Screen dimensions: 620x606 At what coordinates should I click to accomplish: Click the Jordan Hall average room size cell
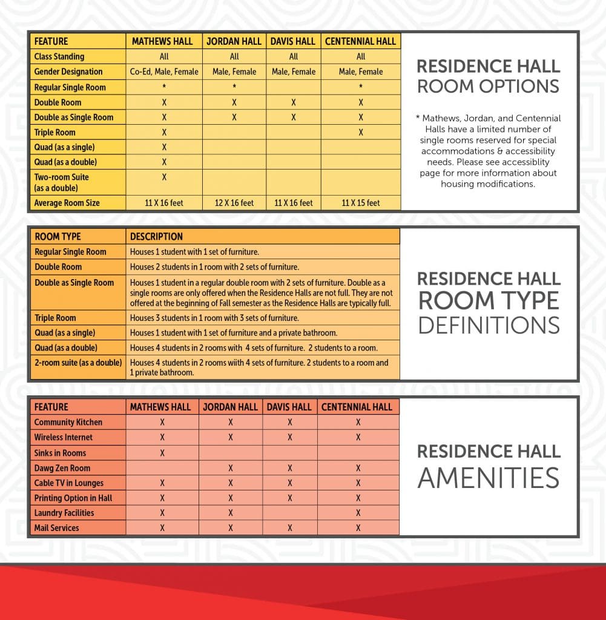[x=234, y=203]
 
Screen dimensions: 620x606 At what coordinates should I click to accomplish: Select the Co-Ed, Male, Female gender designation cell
[x=164, y=71]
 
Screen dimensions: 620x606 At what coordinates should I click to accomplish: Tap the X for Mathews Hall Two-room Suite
[x=164, y=177]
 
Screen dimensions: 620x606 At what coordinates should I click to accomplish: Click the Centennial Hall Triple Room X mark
[x=361, y=132]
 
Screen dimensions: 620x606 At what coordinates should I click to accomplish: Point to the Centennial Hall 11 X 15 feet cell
[x=361, y=203]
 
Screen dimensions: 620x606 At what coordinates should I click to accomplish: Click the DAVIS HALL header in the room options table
[x=294, y=41]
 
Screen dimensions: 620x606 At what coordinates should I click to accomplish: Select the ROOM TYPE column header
[x=58, y=236]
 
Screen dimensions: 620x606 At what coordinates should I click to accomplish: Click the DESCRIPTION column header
[x=156, y=236]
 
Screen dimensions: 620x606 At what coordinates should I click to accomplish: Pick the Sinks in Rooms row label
[x=60, y=453]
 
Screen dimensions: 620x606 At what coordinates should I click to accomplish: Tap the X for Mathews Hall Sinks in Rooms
[x=162, y=453]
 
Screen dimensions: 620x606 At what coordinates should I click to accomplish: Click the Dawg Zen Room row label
[x=62, y=468]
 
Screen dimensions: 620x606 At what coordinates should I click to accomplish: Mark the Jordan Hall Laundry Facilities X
[x=231, y=513]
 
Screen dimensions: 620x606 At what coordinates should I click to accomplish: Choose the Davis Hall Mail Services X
[x=290, y=528]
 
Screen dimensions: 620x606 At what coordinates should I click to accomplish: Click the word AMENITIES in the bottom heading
[x=489, y=478]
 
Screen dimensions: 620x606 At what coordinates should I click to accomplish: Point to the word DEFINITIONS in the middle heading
[x=489, y=325]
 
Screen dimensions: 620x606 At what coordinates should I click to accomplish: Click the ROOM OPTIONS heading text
[x=489, y=86]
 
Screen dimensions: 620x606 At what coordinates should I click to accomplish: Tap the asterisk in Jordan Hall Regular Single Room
[x=234, y=87]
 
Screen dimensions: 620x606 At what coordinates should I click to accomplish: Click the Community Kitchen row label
[x=68, y=422]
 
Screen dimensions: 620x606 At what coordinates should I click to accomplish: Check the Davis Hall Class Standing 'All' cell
[x=294, y=56]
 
